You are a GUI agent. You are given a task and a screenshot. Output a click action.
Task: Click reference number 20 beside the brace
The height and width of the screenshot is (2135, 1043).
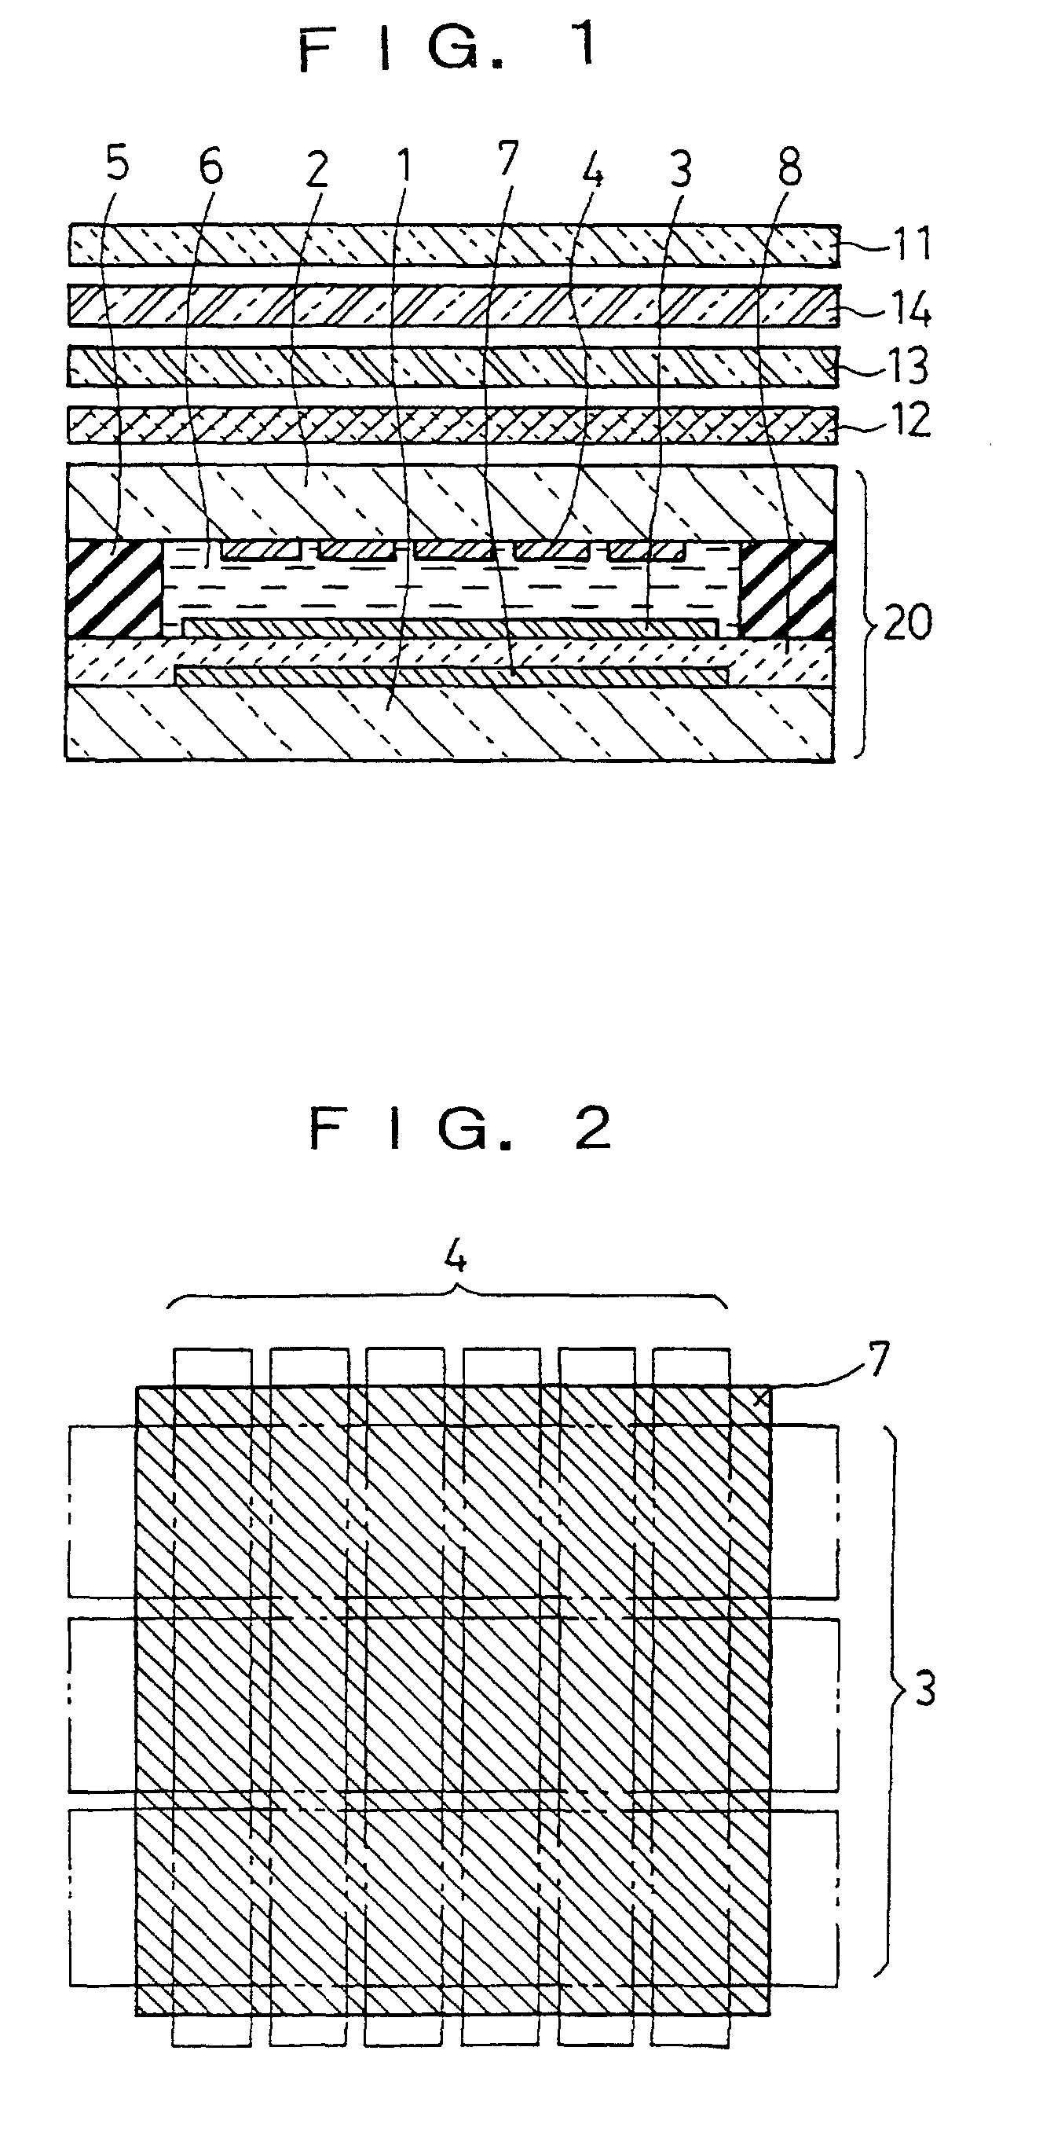(x=907, y=621)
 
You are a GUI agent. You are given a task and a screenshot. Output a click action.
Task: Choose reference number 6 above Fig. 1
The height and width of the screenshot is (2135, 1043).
(x=210, y=167)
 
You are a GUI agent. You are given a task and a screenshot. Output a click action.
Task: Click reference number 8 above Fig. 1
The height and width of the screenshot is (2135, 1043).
(x=789, y=167)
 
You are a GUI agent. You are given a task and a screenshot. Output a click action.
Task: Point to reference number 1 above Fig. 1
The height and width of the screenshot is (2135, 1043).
(x=404, y=167)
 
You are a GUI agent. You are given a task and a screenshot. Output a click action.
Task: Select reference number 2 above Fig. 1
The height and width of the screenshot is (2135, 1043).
(x=317, y=170)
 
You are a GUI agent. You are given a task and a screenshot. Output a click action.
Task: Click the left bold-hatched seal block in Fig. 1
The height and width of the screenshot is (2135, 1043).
(x=114, y=589)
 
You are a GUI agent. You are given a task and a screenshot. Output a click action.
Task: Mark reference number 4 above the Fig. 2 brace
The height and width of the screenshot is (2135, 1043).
(x=455, y=1257)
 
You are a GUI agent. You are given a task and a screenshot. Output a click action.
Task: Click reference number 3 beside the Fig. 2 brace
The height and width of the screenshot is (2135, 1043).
(x=924, y=1688)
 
